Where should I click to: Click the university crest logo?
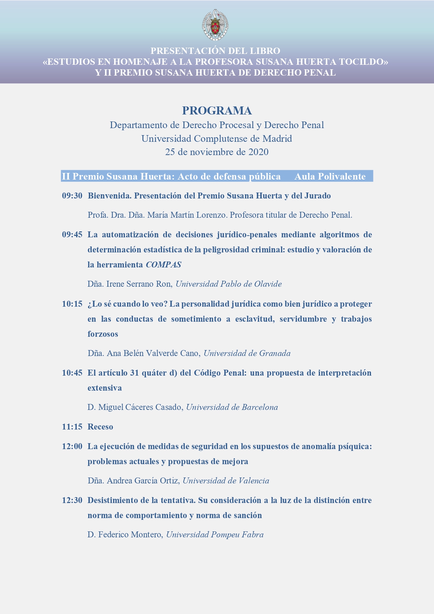click(x=215, y=25)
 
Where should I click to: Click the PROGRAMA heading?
click(x=217, y=111)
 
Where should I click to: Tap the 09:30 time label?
click(x=72, y=196)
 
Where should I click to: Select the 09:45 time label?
click(x=72, y=235)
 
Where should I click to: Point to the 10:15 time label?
click(x=72, y=304)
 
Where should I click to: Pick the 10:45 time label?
click(x=72, y=373)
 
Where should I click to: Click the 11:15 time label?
click(x=72, y=427)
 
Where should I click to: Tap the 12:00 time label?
click(x=72, y=446)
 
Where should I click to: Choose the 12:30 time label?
click(x=72, y=500)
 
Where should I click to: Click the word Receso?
click(x=100, y=427)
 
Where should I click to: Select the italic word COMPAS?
click(x=163, y=265)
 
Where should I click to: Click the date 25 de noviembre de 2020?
click(x=217, y=152)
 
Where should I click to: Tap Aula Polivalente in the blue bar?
click(x=330, y=176)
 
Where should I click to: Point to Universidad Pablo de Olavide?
click(x=229, y=284)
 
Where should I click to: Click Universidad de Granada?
click(x=247, y=353)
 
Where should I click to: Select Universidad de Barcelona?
click(x=232, y=407)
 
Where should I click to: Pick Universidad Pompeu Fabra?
click(x=215, y=535)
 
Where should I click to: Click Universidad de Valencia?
click(x=226, y=481)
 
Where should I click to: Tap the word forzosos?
click(x=103, y=334)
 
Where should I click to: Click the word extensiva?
click(x=105, y=388)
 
